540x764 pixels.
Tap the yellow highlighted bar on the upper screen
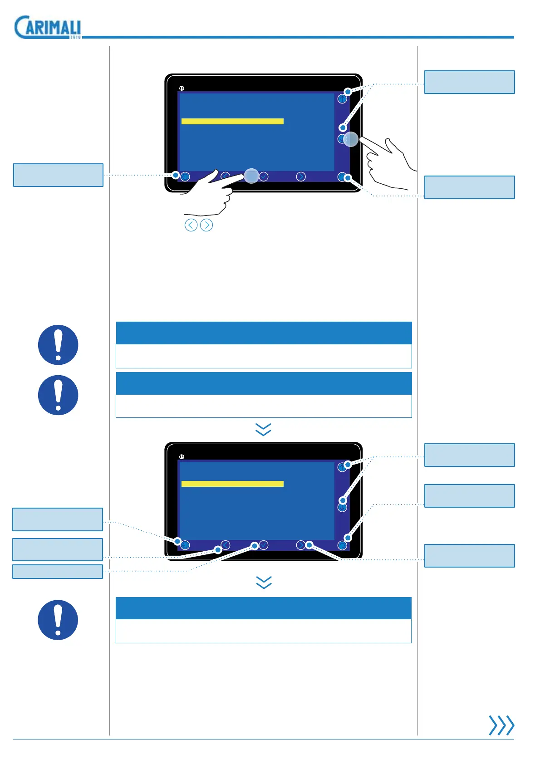click(232, 121)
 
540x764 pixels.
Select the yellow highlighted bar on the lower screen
click(232, 484)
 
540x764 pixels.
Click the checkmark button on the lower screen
click(264, 545)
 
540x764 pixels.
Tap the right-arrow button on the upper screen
click(301, 176)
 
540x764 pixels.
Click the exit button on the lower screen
click(185, 545)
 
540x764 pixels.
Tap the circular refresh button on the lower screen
click(343, 545)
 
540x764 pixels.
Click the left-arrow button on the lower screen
click(226, 545)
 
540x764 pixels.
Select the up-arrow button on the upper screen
click(342, 99)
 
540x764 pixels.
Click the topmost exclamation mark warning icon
click(58, 345)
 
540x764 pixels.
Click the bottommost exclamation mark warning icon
click(58, 620)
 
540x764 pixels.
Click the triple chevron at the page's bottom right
click(501, 725)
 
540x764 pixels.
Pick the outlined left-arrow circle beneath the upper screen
click(191, 225)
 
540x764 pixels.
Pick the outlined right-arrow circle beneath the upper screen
click(206, 225)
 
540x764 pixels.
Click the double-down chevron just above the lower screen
click(263, 429)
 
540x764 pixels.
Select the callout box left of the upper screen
click(58, 175)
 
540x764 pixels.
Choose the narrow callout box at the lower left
click(58, 572)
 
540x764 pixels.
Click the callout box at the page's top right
click(469, 82)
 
